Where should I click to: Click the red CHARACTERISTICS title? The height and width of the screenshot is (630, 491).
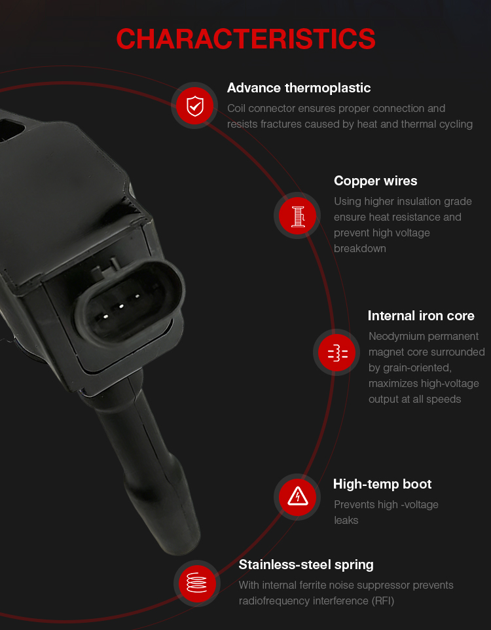[245, 39]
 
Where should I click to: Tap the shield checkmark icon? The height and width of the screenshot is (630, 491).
[195, 106]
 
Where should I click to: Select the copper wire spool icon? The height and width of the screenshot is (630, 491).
[298, 216]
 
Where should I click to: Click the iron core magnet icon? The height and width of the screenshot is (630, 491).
[338, 353]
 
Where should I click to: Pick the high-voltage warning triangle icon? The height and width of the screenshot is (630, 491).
[298, 496]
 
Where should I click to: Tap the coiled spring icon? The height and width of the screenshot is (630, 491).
[197, 583]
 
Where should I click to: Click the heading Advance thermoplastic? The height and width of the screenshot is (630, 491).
[299, 88]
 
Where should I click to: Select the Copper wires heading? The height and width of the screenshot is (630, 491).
[375, 181]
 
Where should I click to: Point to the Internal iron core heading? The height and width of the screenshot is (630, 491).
[421, 316]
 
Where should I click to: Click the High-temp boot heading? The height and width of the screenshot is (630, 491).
[382, 484]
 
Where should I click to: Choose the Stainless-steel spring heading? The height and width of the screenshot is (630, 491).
[306, 565]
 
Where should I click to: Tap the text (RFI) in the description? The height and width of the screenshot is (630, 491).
[383, 601]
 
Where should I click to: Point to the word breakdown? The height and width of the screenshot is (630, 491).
[359, 249]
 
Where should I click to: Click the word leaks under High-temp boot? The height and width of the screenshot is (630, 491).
[346, 521]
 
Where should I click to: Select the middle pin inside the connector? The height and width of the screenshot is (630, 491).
[121, 306]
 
